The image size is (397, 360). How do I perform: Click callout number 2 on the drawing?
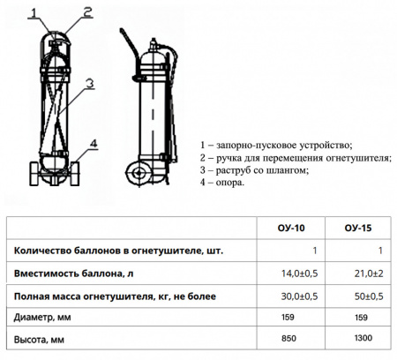coord(87,12)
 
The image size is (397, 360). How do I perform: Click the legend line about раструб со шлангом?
coord(256,169)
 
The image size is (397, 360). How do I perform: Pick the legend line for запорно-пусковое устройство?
coord(277,144)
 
